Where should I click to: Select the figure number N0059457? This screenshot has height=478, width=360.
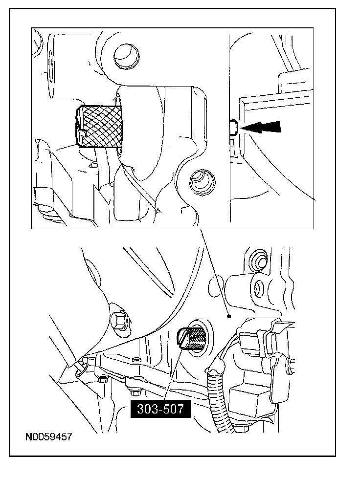48,436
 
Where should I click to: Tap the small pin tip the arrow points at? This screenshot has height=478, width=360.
233,128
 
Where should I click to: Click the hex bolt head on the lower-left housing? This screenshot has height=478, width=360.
119,320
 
